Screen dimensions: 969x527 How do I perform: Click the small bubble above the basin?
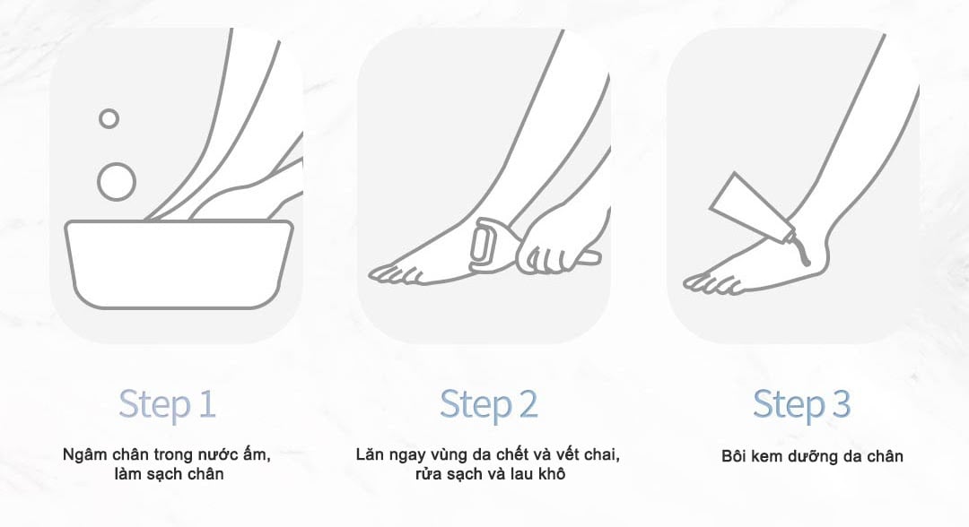pos(109,118)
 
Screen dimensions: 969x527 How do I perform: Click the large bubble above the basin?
pos(116,181)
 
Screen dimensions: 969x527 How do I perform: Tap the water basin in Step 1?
pos(179,264)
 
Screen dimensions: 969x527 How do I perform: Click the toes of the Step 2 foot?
pos(386,274)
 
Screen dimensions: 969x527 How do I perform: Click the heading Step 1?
pos(167,404)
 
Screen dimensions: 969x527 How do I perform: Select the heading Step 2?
pos(488,404)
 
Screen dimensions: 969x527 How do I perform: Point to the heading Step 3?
pos(801,404)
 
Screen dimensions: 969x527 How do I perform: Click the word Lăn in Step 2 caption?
pos(370,454)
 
